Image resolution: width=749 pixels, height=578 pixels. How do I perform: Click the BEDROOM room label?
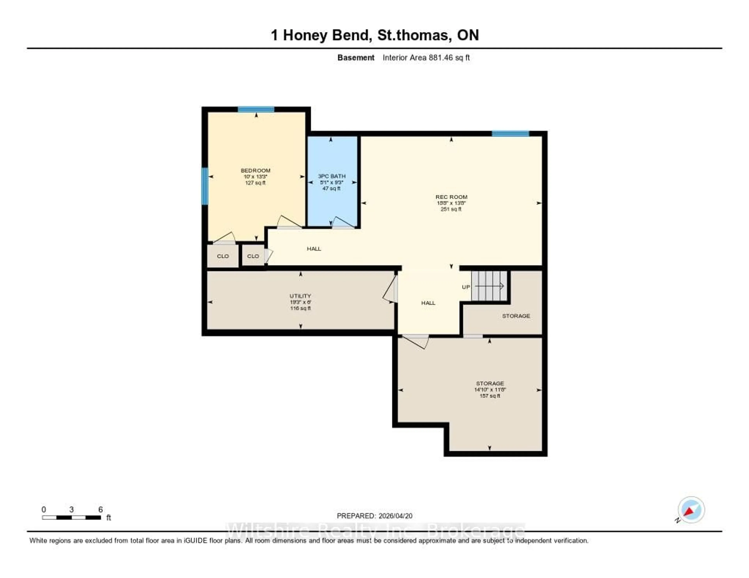256,170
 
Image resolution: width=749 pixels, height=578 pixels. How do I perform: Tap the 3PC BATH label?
332,176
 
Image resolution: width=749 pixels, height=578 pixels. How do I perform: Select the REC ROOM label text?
451,197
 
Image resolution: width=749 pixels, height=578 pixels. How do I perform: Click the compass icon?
691,510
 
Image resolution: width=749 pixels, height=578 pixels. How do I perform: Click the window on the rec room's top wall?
510,134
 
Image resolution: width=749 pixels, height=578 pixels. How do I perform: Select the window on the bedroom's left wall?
205,186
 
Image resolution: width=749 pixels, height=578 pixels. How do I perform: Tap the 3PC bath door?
343,223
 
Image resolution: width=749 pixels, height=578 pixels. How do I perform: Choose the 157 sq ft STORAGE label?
490,383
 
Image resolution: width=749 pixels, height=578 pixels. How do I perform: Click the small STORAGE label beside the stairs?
516,316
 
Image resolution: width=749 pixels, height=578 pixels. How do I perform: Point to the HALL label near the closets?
314,249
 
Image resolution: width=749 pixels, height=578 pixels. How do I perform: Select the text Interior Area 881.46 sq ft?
426,57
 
